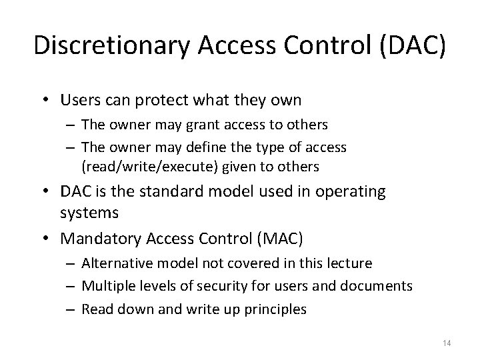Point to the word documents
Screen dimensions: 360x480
(x=377, y=285)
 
